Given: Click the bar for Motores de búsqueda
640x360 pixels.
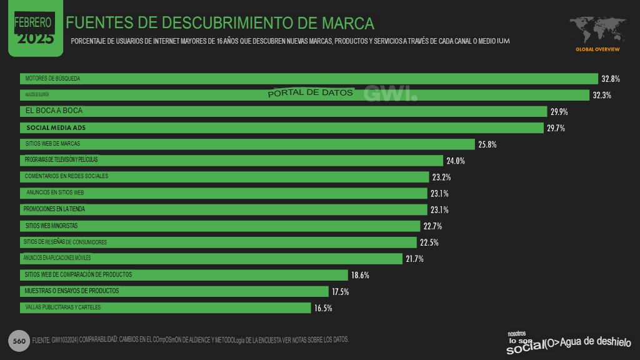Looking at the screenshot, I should click(309, 79).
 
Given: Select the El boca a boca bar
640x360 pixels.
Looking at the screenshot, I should click(284, 111).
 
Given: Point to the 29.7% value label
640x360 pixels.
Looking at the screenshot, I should click(556, 128).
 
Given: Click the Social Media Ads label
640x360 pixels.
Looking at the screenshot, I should click(56, 127).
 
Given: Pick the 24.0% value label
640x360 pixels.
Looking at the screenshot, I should click(455, 161).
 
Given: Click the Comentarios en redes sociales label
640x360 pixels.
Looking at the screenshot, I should click(66, 176).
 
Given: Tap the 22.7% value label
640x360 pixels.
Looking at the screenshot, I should click(432, 226).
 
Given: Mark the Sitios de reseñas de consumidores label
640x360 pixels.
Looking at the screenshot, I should click(65, 242).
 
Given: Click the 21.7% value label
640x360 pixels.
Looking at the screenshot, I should click(414, 259).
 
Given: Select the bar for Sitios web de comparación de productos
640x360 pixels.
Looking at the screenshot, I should click(184, 275).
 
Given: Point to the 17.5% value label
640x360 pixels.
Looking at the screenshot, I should click(341, 292).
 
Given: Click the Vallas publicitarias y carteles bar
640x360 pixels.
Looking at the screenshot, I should click(165, 307).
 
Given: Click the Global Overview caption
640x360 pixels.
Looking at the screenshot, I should click(597, 49).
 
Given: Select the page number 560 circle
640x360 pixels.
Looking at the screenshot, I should click(19, 341).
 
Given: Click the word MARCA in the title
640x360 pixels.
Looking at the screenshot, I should click(347, 24).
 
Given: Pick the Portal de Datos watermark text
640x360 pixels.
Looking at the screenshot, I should click(311, 93).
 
